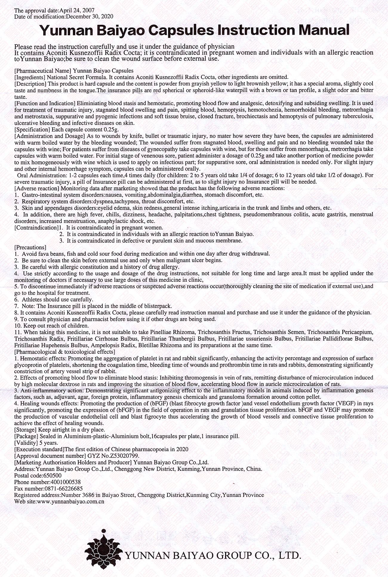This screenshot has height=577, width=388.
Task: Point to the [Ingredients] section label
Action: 29,77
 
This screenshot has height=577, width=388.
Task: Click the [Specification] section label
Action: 32,130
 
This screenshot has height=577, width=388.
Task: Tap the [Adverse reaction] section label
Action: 37,188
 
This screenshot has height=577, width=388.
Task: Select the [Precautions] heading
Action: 30,247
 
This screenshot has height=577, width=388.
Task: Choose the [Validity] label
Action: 26,443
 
